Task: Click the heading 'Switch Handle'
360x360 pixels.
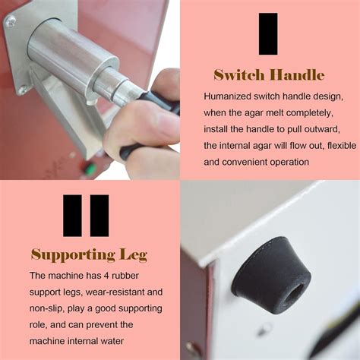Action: click(269, 75)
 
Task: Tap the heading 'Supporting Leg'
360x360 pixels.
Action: click(89, 254)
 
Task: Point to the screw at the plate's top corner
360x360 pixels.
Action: click(11, 22)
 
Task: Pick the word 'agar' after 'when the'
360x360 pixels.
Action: click(253, 113)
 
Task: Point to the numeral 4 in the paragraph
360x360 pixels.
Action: click(106, 276)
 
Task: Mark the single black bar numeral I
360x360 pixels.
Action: click(268, 34)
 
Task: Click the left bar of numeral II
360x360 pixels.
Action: click(72, 216)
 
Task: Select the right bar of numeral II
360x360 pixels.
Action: click(99, 216)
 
